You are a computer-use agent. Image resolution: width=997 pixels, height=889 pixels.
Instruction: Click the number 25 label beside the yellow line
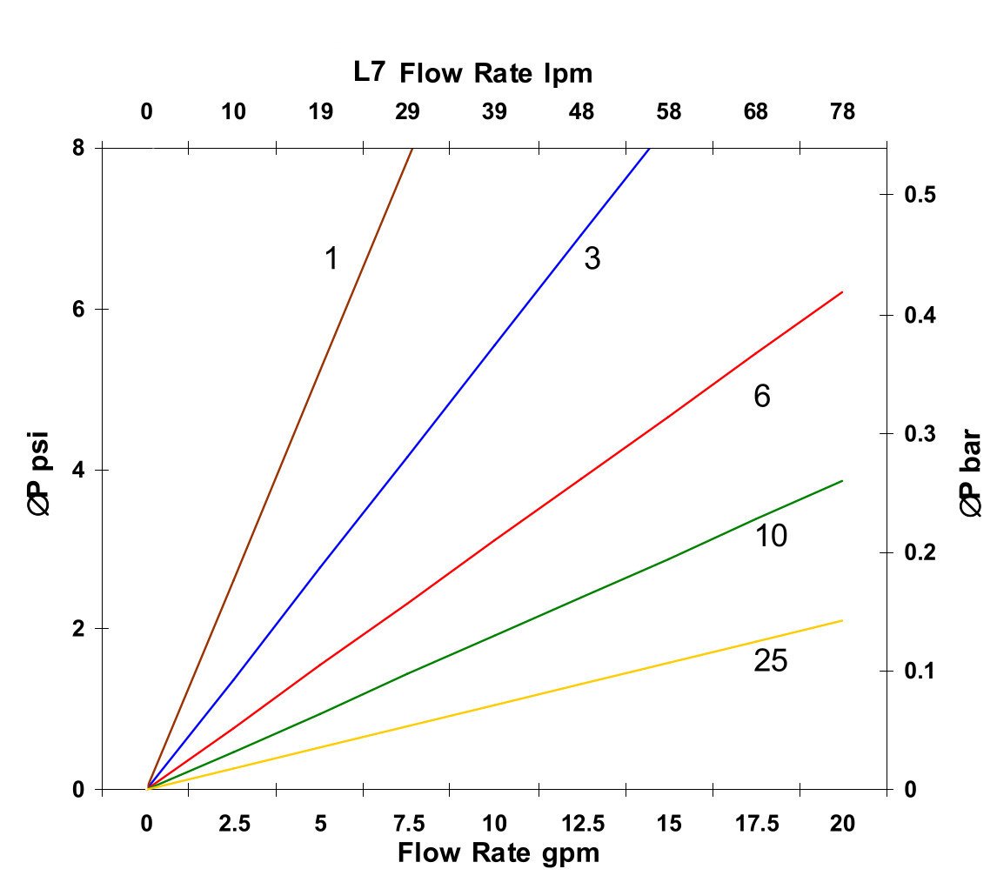tap(770, 662)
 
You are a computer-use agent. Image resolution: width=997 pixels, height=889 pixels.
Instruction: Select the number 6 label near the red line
tap(762, 397)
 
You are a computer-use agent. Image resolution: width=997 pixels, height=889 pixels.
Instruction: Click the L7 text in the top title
tap(369, 73)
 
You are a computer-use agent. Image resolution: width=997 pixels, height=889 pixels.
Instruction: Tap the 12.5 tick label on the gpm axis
tap(582, 824)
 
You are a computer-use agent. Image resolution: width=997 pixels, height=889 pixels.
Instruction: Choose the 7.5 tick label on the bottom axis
tap(408, 824)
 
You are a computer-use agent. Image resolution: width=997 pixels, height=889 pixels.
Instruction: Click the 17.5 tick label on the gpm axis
tap(756, 824)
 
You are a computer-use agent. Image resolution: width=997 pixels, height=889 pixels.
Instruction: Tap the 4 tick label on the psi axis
tap(78, 470)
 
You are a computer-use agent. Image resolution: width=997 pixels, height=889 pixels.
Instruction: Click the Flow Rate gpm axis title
tap(498, 852)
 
